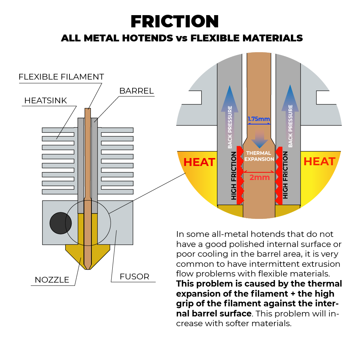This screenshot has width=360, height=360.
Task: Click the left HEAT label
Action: pos(199,162)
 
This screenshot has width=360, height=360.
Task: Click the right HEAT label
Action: pos(319,162)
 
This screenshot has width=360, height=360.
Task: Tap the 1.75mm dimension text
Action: pos(258,119)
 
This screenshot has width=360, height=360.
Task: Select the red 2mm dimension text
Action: pos(259,177)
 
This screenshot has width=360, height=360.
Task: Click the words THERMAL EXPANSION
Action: pos(259,156)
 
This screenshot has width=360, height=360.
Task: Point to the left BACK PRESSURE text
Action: pos(230,127)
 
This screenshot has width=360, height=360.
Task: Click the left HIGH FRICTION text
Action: pos(234,176)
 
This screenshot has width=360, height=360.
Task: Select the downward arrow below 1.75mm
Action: pos(259,140)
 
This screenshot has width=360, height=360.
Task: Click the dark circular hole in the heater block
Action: pos(60,223)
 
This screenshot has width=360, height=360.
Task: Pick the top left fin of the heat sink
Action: pos(58,130)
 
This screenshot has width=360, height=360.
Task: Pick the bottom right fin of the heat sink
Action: pos(117,192)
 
